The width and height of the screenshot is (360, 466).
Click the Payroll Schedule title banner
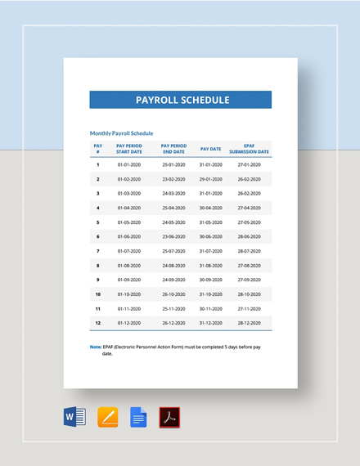point(180,100)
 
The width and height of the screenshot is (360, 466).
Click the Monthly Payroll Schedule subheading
point(121,133)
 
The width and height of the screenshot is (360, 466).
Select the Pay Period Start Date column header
point(129,148)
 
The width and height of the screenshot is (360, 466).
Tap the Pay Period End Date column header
point(173,148)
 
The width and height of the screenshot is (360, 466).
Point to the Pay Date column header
point(210,149)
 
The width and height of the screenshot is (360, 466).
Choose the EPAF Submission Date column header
point(250,148)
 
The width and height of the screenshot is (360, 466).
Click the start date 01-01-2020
point(129,164)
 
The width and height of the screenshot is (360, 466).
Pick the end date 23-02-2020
point(173,179)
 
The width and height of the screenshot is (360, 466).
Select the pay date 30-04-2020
point(210,208)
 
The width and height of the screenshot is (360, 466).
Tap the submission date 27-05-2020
point(249,222)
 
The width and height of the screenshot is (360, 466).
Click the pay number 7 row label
point(98,251)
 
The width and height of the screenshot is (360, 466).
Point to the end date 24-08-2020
point(173,266)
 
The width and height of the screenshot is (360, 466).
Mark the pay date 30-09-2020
point(210,280)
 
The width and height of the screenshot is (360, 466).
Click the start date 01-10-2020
point(129,294)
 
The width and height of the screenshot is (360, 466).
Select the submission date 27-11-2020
point(249,309)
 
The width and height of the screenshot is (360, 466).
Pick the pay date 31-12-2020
point(210,323)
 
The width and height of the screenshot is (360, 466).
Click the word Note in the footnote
point(95,347)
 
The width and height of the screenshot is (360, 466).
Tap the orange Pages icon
point(108,418)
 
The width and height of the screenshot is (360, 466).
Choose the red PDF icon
point(169,418)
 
